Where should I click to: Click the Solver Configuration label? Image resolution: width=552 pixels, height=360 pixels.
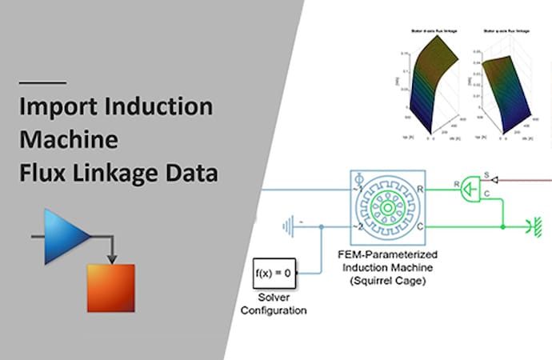(274, 305)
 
